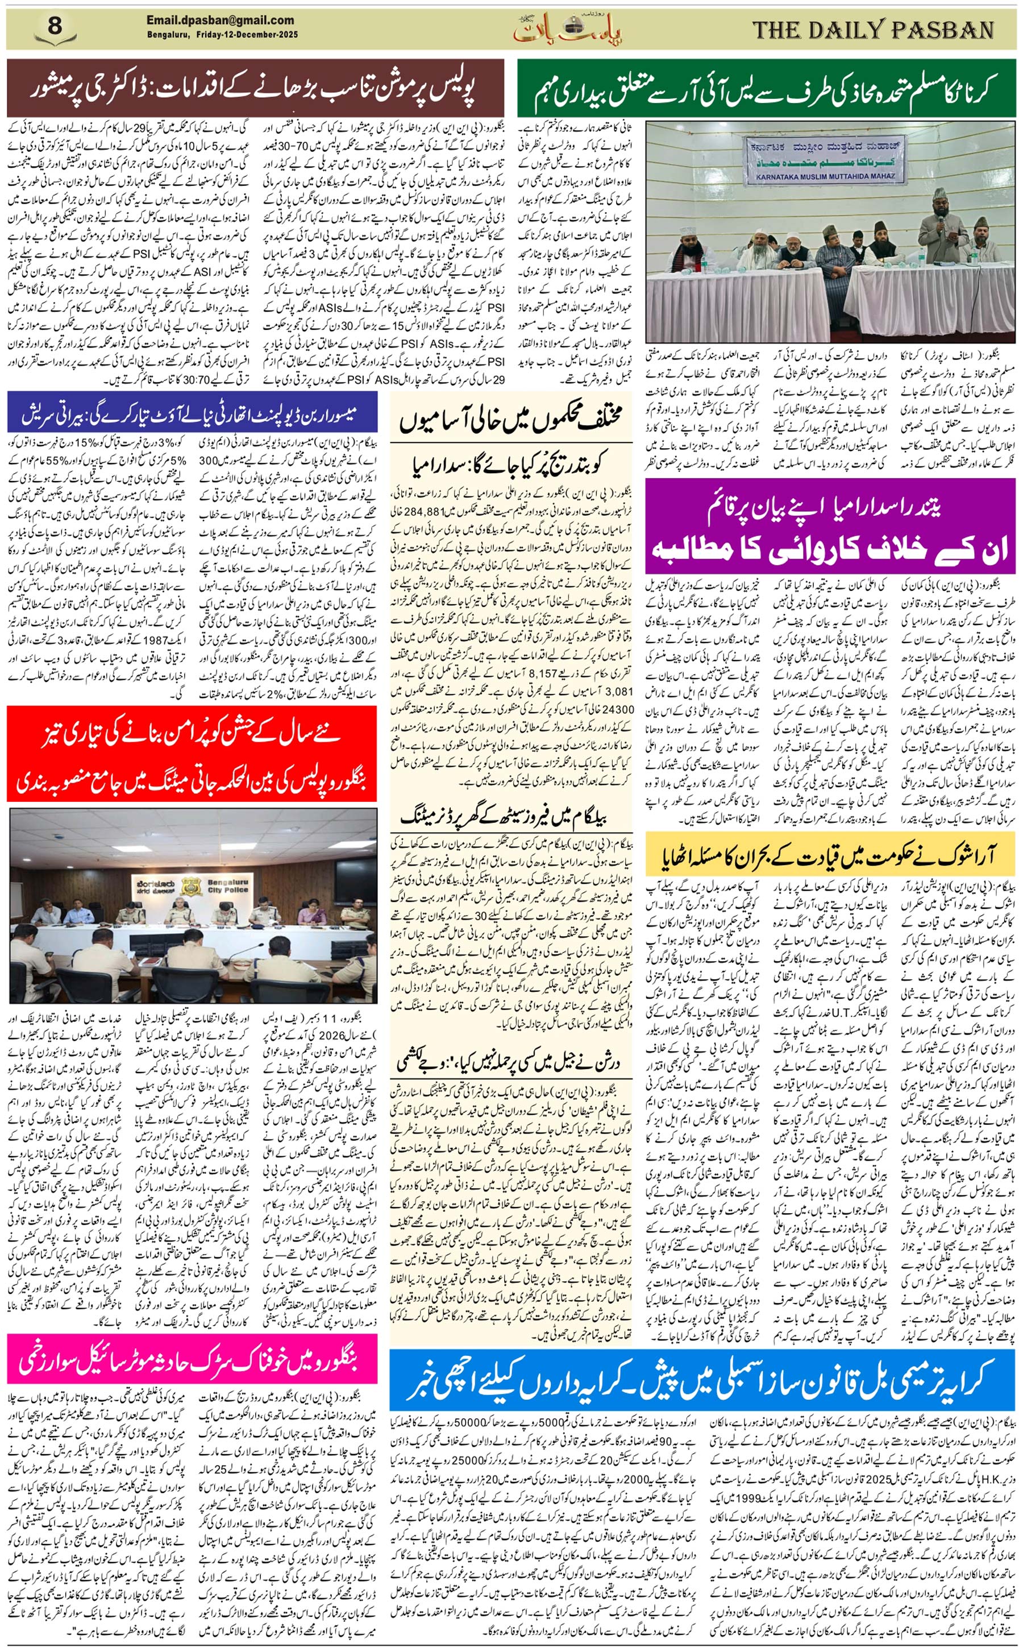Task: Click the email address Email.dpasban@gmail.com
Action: pos(220,20)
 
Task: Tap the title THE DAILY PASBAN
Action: pos(873,30)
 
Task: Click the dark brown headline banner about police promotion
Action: pos(255,88)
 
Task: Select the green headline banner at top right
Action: pos(766,88)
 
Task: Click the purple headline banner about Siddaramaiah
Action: pos(830,526)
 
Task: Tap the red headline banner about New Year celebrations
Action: pos(192,753)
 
